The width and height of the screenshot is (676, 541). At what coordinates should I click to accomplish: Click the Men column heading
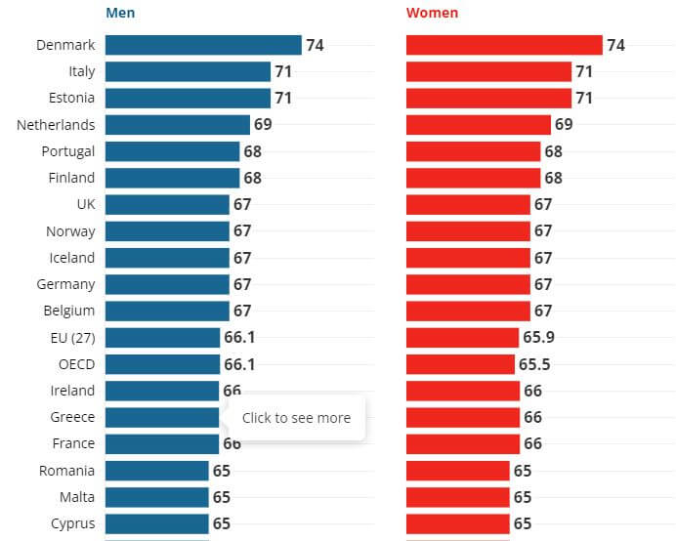pos(120,14)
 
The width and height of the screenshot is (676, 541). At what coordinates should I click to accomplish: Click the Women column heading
pos(432,14)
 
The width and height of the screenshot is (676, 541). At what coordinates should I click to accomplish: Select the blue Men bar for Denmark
pos(203,45)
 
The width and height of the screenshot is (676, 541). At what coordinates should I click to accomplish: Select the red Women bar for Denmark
pos(504,45)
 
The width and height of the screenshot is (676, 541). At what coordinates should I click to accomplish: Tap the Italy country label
pos(81,71)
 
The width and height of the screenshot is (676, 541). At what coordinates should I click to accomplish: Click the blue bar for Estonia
pos(188,98)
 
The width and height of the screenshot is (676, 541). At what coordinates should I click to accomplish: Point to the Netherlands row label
pos(56,125)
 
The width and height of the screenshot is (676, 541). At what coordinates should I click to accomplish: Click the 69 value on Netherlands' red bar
pos(564,125)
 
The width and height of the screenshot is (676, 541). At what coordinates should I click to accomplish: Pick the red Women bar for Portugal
pos(473,151)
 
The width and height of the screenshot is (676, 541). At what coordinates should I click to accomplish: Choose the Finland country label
pos(71,178)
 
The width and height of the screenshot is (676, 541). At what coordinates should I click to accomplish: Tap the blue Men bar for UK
pos(167,204)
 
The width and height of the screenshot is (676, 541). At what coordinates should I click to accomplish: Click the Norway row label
pos(70,231)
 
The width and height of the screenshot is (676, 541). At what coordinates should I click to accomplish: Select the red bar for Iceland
pos(468,258)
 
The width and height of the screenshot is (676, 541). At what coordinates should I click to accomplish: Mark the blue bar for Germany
pos(167,284)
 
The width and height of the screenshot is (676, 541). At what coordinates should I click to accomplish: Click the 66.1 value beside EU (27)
pos(239,338)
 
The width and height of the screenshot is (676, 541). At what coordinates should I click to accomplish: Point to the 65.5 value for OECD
pos(534,364)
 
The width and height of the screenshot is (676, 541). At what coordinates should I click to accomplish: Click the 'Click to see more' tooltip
pos(296,418)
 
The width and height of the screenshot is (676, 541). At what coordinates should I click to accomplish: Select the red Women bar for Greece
pos(463,417)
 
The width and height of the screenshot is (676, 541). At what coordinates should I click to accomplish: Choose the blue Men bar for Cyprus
pos(156,523)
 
